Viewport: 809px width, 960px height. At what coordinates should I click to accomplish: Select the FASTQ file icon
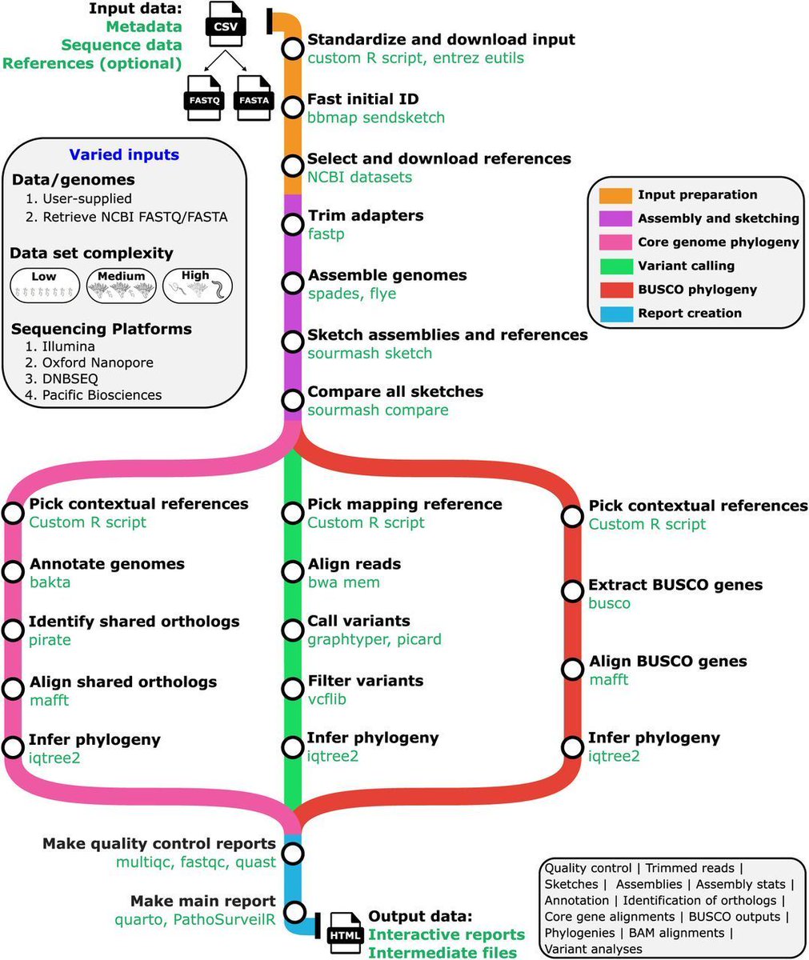point(204,98)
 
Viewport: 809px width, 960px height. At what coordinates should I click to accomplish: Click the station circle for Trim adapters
point(291,225)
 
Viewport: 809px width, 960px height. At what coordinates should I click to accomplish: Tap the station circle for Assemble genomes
point(291,284)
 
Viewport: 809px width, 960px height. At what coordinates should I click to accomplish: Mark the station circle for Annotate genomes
point(14,572)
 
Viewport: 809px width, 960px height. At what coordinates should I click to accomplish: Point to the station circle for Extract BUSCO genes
point(571,592)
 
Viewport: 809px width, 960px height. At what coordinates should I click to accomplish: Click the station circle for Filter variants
point(291,689)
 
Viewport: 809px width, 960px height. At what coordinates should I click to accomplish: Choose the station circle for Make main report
point(294,911)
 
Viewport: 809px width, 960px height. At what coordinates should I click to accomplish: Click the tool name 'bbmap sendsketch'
point(376,118)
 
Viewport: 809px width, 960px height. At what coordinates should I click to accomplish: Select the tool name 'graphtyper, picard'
point(374,639)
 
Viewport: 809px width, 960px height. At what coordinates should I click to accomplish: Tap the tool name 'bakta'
point(50,582)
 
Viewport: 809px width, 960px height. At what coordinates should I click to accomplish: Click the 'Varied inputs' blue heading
point(124,155)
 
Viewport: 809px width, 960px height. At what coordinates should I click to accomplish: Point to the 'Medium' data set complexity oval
point(121,286)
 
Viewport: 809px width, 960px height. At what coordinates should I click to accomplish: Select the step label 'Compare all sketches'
point(395,392)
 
